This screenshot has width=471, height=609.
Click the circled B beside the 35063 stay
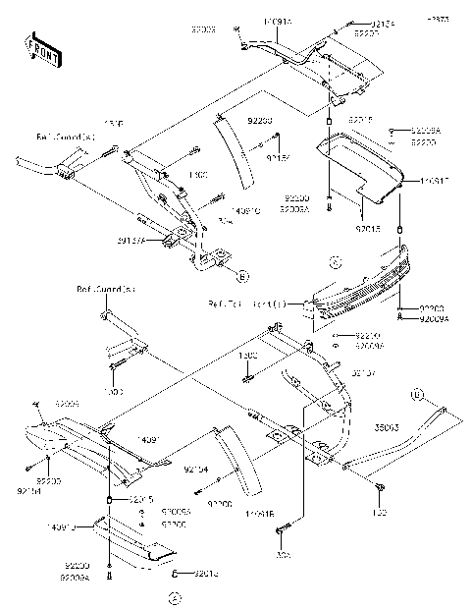point(416,396)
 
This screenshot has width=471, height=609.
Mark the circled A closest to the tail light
point(334,262)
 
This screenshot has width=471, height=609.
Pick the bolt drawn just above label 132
point(379,487)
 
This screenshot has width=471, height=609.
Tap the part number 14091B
point(259,513)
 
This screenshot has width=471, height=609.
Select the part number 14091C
point(245,209)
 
